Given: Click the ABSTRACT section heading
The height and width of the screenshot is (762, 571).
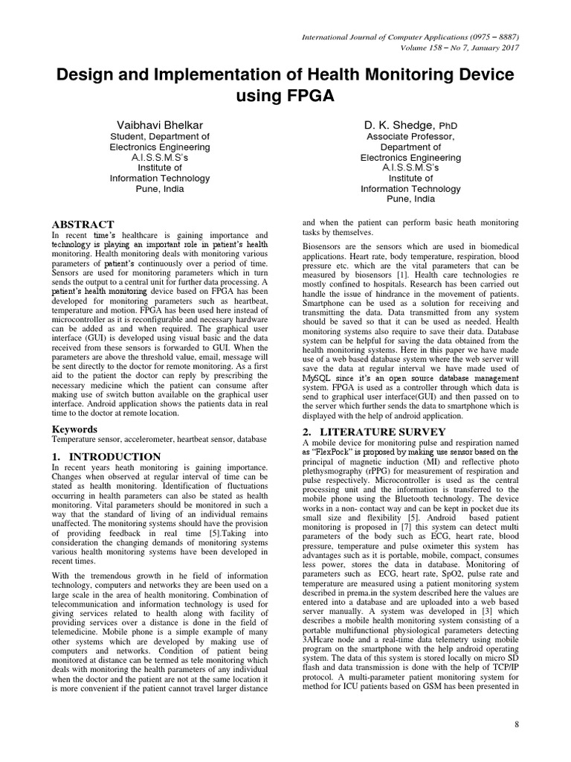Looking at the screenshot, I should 82,224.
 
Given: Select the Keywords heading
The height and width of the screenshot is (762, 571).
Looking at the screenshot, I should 74,429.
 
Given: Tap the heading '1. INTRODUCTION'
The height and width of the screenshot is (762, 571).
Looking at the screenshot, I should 106,456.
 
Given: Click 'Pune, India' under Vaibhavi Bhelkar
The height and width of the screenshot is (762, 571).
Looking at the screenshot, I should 159,189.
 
